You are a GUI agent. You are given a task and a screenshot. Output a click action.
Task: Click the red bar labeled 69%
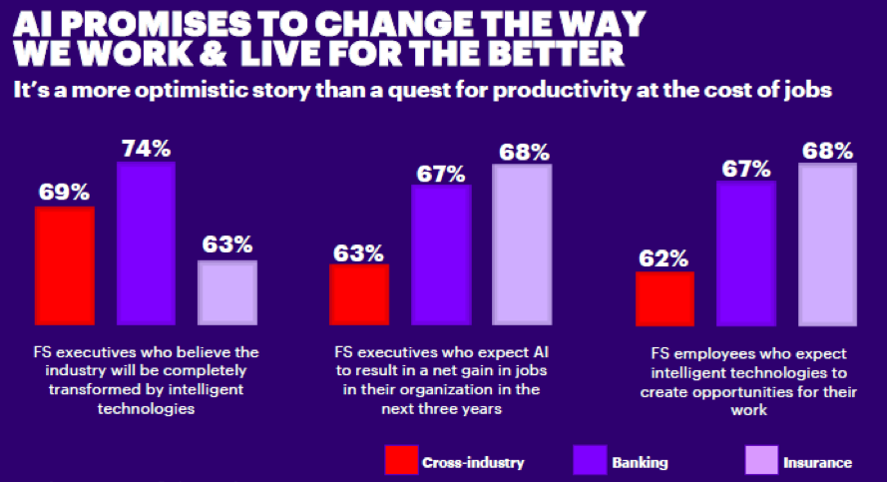pyautogui.click(x=65, y=265)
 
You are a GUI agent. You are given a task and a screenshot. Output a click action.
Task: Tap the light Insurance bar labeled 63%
pyautogui.click(x=227, y=292)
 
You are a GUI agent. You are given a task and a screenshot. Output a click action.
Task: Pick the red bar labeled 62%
pyautogui.click(x=665, y=298)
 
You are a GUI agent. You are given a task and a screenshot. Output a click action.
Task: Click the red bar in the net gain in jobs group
pyautogui.click(x=359, y=294)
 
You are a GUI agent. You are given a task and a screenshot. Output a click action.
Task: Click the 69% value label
pyautogui.click(x=65, y=191)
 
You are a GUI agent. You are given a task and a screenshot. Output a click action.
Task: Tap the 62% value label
pyautogui.click(x=665, y=257)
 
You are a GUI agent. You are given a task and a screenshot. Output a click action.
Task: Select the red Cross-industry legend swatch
pyautogui.click(x=399, y=460)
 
